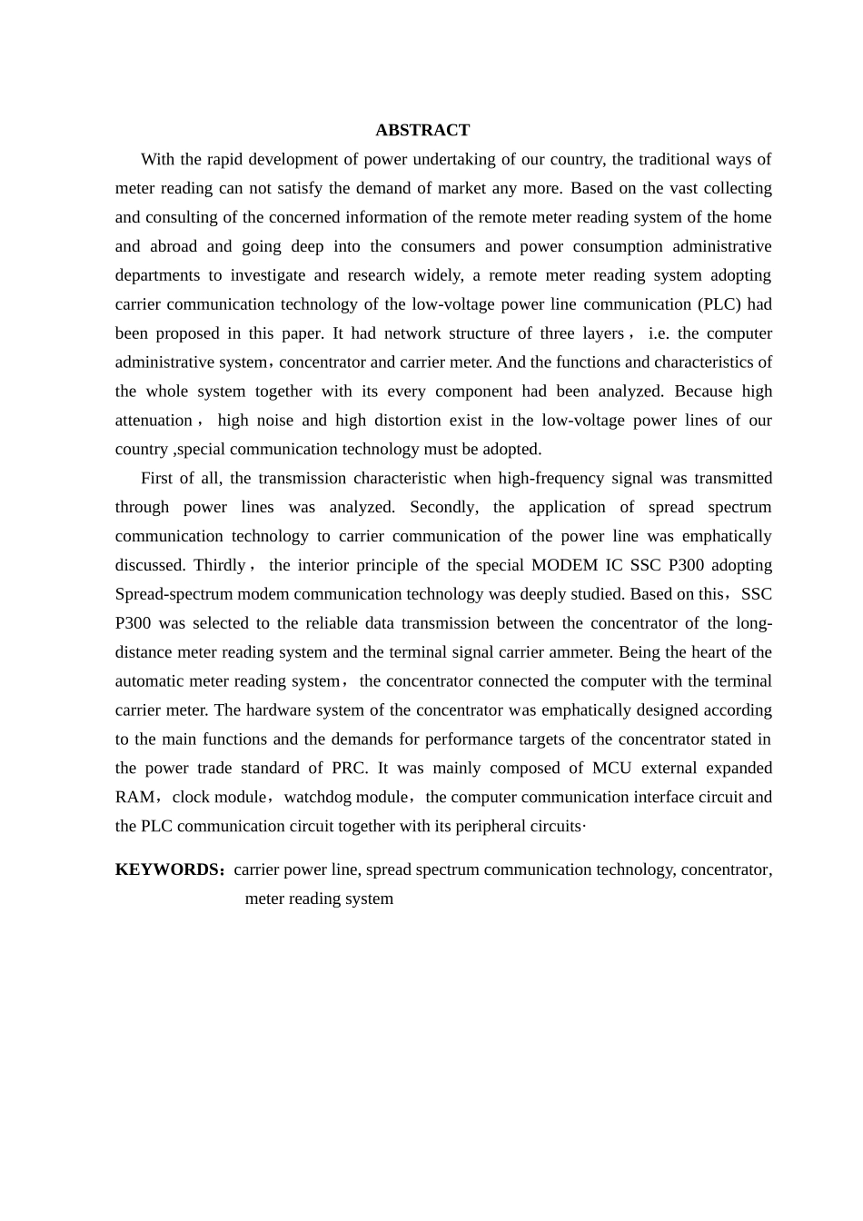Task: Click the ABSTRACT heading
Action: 422,130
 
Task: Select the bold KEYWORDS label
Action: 167,869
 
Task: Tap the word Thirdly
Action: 219,565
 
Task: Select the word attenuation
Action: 154,420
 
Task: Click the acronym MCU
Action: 611,768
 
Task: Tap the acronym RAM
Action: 134,797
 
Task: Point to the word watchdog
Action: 319,797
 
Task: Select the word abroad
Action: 174,246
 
